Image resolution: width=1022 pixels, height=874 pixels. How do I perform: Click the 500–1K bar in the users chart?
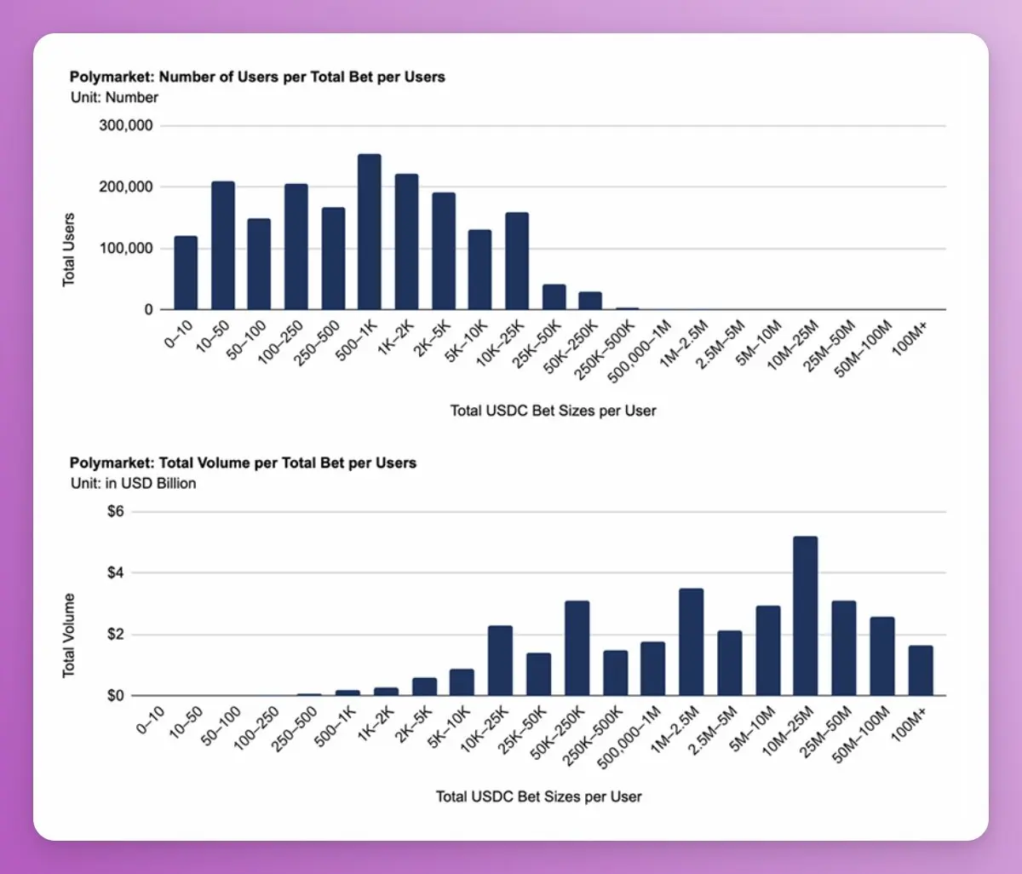369,232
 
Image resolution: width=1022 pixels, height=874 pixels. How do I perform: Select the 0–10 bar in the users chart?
186,273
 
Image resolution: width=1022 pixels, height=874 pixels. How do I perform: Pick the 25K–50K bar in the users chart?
554,297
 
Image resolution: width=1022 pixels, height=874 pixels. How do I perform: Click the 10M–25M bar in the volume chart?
805,616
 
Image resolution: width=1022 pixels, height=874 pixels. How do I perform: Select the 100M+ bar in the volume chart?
920,670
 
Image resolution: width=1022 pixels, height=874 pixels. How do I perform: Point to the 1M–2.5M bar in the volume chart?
691,642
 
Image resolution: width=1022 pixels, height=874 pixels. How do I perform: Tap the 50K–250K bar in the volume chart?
577,648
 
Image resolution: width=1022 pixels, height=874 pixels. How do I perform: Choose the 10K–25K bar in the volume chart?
500,661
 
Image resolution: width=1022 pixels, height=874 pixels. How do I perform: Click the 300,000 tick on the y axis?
127,126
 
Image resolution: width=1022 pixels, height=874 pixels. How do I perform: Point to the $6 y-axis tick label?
115,512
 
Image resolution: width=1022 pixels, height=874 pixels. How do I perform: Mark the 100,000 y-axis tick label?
127,249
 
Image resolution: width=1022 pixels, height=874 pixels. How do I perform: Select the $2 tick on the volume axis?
115,635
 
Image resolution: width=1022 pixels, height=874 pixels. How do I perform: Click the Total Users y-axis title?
69,250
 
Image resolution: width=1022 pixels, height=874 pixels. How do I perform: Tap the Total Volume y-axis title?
69,635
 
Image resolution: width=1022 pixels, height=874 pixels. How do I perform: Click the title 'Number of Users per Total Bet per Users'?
257,77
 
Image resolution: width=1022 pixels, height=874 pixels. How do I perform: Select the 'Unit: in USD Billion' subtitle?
133,483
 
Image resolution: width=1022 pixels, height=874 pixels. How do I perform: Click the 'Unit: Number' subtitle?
114,97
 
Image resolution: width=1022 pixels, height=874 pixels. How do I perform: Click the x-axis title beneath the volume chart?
538,796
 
